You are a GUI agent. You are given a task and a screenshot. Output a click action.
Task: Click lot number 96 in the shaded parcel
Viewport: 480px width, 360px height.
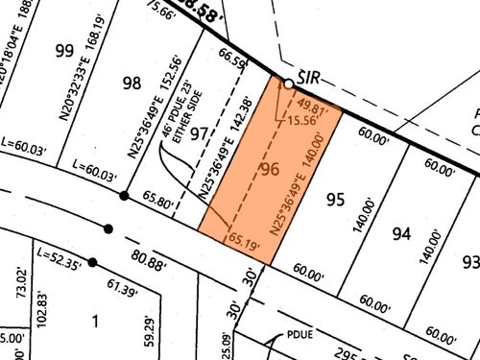[270, 170]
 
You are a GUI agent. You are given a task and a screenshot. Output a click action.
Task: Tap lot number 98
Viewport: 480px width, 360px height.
[132, 84]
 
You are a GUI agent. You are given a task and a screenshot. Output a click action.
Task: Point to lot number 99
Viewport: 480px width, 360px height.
[65, 50]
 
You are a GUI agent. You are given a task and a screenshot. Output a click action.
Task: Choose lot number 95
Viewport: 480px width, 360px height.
[335, 200]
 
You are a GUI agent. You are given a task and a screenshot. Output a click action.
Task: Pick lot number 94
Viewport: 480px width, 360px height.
[402, 231]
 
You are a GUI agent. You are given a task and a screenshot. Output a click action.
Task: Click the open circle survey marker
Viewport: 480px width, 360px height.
[288, 84]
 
